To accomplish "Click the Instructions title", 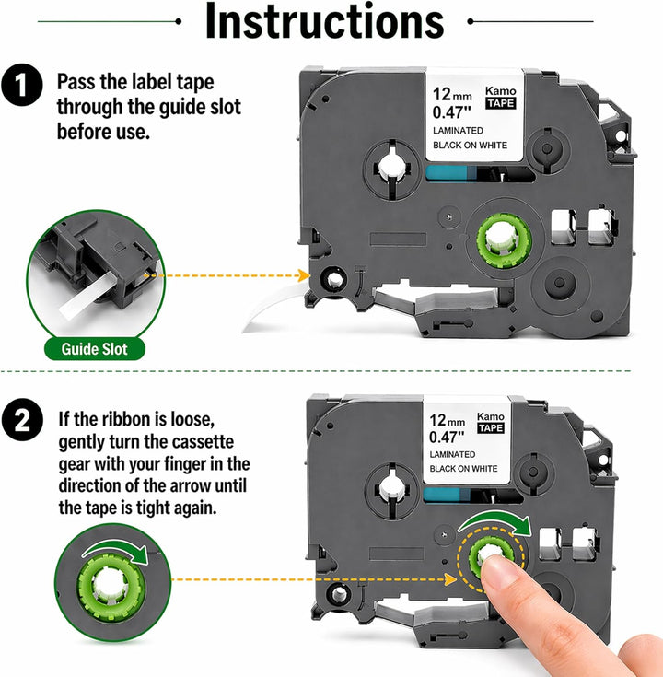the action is [x=324, y=20].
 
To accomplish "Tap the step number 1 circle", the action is [x=21, y=85].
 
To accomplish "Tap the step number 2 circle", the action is [x=22, y=420].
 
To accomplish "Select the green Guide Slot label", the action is [x=95, y=349].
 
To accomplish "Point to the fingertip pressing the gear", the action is [x=497, y=566].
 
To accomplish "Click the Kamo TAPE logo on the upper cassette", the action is [x=501, y=97].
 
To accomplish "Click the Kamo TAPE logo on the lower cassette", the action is [x=491, y=422].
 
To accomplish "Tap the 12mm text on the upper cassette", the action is [x=452, y=94].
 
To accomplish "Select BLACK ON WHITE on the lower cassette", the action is [x=463, y=469].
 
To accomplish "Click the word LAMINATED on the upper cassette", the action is [x=458, y=131].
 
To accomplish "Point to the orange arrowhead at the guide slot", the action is [x=304, y=275].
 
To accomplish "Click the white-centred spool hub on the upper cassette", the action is [x=391, y=168].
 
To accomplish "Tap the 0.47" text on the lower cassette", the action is [x=447, y=437].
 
